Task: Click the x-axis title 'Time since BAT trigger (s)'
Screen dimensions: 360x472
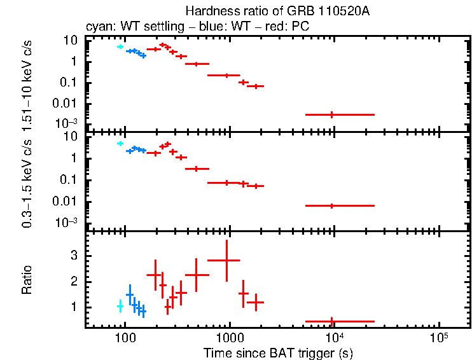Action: point(278,352)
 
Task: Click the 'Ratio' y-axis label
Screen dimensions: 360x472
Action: point(27,280)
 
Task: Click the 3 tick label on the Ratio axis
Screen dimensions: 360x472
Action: point(74,255)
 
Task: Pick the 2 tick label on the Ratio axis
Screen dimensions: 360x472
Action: point(74,281)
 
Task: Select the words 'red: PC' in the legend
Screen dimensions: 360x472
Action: point(291,27)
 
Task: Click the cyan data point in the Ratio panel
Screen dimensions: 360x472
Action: point(120,307)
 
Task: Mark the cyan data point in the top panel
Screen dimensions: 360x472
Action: point(120,47)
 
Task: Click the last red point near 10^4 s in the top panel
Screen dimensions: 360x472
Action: point(331,114)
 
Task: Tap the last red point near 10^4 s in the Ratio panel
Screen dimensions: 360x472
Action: point(331,322)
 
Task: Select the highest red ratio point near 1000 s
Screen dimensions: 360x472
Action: point(227,260)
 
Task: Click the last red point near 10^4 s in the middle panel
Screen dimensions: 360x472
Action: point(331,205)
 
